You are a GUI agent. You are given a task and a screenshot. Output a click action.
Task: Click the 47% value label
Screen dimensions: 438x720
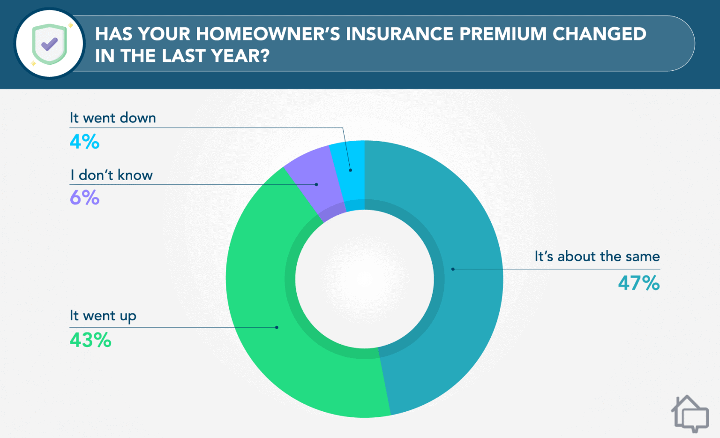click(x=638, y=283)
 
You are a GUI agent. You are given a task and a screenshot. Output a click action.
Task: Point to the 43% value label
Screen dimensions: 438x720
click(x=90, y=340)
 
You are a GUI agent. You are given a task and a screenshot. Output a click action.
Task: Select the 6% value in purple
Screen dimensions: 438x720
click(x=84, y=197)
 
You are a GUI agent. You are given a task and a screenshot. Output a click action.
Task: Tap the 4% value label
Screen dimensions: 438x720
click(x=84, y=141)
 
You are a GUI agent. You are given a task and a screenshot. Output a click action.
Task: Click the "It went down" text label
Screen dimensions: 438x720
click(x=112, y=118)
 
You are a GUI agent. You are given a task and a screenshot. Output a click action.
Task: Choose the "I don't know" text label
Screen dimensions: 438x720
click(x=112, y=175)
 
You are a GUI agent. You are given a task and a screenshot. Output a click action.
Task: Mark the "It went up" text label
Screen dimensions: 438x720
click(x=103, y=316)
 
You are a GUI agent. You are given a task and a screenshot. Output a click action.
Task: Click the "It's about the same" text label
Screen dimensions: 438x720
click(x=597, y=257)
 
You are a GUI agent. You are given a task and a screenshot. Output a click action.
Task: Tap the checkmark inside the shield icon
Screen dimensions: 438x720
click(x=49, y=44)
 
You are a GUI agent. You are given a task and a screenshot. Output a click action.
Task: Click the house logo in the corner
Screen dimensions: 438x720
click(x=690, y=413)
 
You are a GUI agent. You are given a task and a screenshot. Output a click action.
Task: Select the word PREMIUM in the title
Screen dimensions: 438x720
click(x=502, y=34)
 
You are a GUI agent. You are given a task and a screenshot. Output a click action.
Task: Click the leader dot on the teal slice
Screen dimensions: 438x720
click(x=453, y=269)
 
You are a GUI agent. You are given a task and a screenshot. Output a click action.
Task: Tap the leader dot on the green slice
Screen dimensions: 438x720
click(x=277, y=327)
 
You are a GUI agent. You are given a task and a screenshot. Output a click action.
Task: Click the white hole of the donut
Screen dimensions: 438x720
click(x=365, y=279)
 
